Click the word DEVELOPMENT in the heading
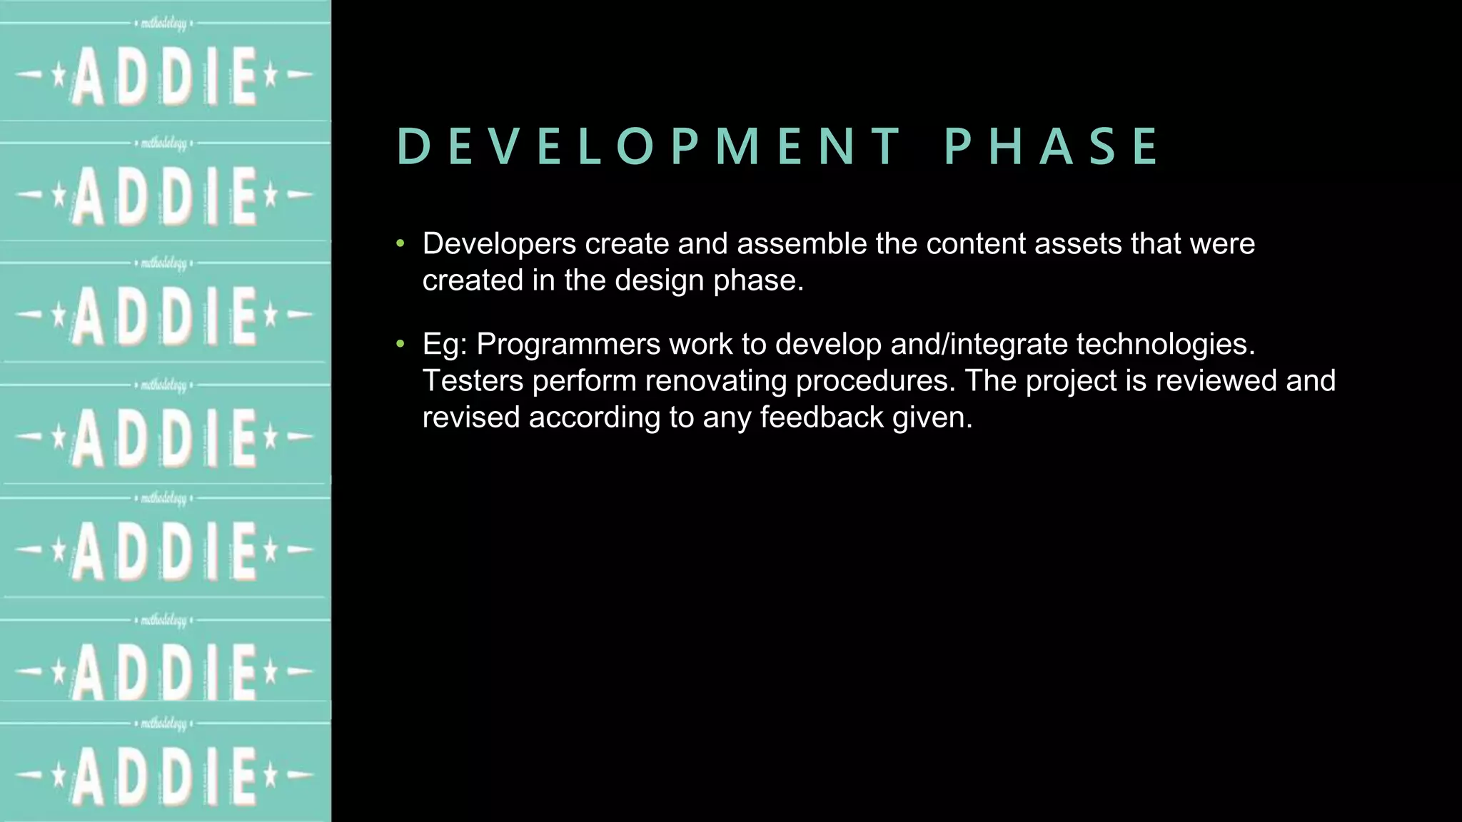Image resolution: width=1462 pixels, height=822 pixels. click(x=648, y=147)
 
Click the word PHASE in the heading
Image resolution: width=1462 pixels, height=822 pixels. click(x=1052, y=147)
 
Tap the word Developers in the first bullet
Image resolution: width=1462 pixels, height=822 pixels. click(x=499, y=244)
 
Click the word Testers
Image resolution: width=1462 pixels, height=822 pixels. click(x=473, y=381)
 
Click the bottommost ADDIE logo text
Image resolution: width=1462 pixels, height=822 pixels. click(x=165, y=776)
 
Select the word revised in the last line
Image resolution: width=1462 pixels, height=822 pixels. click(x=470, y=417)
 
